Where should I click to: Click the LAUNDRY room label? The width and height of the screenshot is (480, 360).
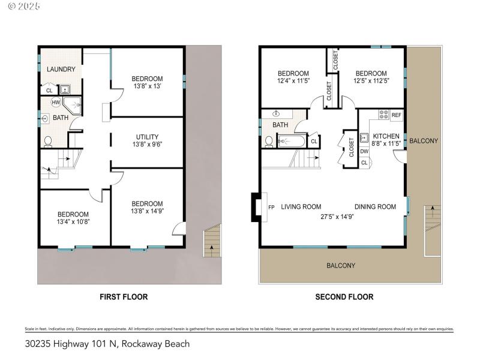[x=61, y=69]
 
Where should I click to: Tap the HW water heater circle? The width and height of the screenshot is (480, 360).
[x=56, y=102]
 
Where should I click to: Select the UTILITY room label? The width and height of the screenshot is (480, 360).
[x=147, y=137]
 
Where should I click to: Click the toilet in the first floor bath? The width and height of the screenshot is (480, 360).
[x=48, y=141]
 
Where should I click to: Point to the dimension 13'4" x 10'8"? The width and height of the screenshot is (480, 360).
[x=73, y=222]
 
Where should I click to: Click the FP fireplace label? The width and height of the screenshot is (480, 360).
[x=271, y=207]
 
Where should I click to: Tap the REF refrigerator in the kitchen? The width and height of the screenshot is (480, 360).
[x=396, y=115]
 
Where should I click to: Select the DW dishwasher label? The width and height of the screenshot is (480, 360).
[x=364, y=152]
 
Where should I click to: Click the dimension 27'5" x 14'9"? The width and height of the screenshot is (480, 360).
[x=335, y=217]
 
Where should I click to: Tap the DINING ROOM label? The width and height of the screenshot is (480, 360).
[x=375, y=207]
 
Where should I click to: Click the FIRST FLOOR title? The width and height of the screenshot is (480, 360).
[x=123, y=296]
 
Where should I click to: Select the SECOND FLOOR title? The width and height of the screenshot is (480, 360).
[x=344, y=296]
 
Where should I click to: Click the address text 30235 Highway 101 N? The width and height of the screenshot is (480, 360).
[x=107, y=344]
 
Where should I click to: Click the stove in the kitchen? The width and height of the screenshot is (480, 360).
[x=382, y=115]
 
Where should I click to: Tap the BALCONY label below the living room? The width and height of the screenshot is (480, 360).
[x=341, y=265]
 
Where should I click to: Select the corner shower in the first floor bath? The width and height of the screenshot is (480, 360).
[x=73, y=105]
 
